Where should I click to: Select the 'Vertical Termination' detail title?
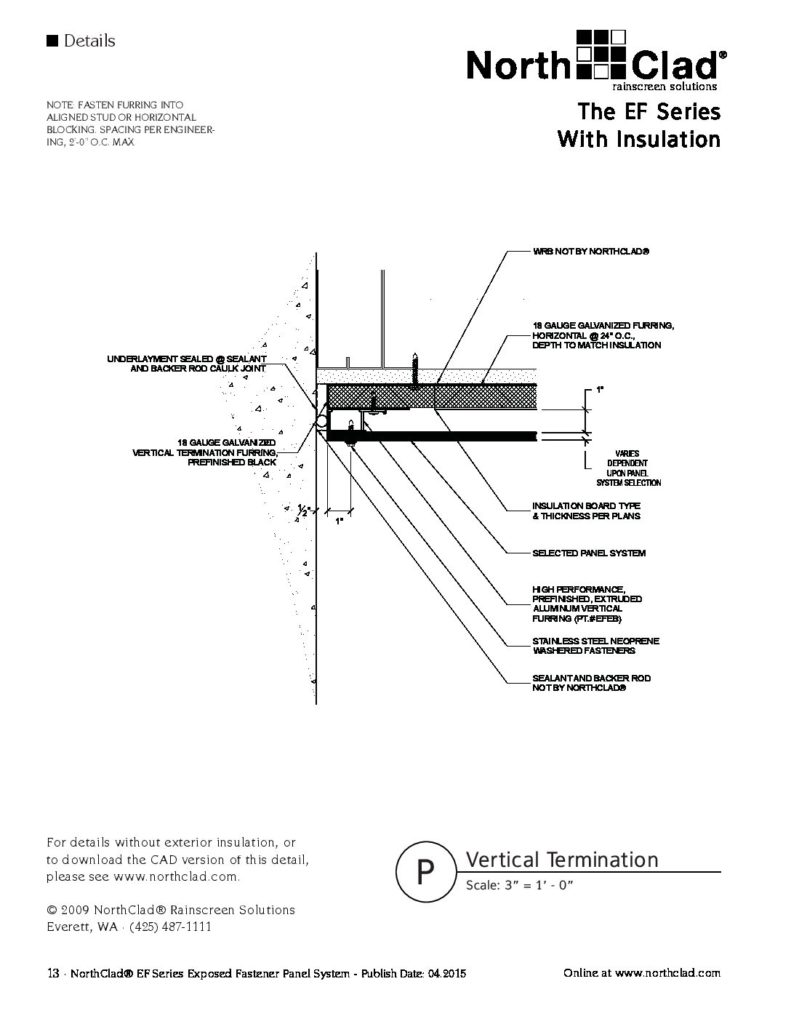562,860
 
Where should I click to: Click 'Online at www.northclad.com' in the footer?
641,972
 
